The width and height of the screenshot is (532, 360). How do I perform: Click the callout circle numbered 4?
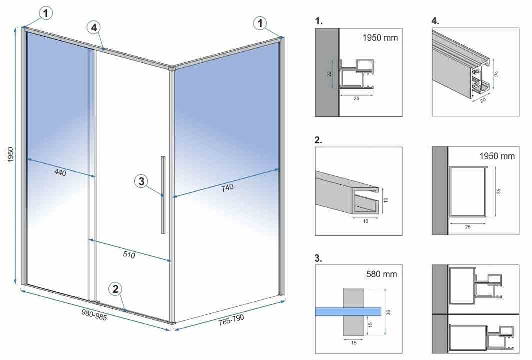click(94, 27)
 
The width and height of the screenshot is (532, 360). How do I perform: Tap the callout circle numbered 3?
click(142, 181)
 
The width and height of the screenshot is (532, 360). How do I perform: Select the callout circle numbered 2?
click(115, 289)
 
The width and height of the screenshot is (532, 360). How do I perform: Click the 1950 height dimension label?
click(11, 154)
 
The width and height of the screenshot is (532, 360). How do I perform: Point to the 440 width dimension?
click(60, 172)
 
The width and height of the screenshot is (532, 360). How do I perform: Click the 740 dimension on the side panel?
click(227, 187)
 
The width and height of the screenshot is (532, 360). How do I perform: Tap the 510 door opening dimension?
click(129, 254)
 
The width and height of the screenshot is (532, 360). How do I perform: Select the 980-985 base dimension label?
click(94, 315)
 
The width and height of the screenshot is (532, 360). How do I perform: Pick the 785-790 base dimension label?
click(231, 320)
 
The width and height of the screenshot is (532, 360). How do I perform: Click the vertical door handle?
click(163, 195)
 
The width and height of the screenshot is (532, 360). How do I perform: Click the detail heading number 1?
click(319, 21)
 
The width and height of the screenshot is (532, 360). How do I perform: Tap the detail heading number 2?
click(318, 140)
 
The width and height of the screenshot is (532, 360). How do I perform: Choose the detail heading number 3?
click(318, 258)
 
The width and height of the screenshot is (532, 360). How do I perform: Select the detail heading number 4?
click(435, 21)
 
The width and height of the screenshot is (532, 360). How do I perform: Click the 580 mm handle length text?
click(382, 274)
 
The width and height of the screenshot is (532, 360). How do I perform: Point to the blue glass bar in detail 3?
click(348, 311)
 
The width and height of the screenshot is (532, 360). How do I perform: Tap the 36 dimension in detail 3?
click(389, 312)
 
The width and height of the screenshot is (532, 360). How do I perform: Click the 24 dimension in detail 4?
click(497, 73)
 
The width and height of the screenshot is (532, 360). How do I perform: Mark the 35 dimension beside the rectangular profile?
click(499, 191)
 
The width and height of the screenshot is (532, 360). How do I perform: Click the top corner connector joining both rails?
click(171, 68)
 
